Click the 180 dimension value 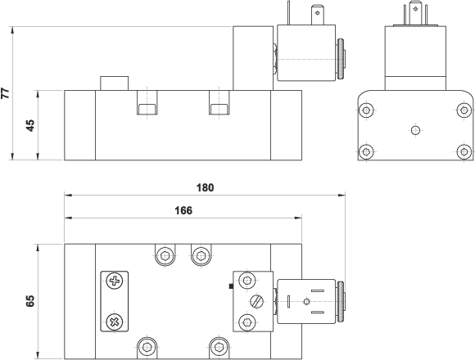point(205,188)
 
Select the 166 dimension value point(183,210)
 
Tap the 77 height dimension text point(6,93)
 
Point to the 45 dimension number point(30,125)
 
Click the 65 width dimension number point(30,301)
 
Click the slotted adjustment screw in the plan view point(256,301)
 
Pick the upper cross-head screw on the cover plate point(115,281)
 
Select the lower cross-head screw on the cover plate point(115,322)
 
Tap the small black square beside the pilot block point(231,286)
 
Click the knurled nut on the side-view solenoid point(341,59)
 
